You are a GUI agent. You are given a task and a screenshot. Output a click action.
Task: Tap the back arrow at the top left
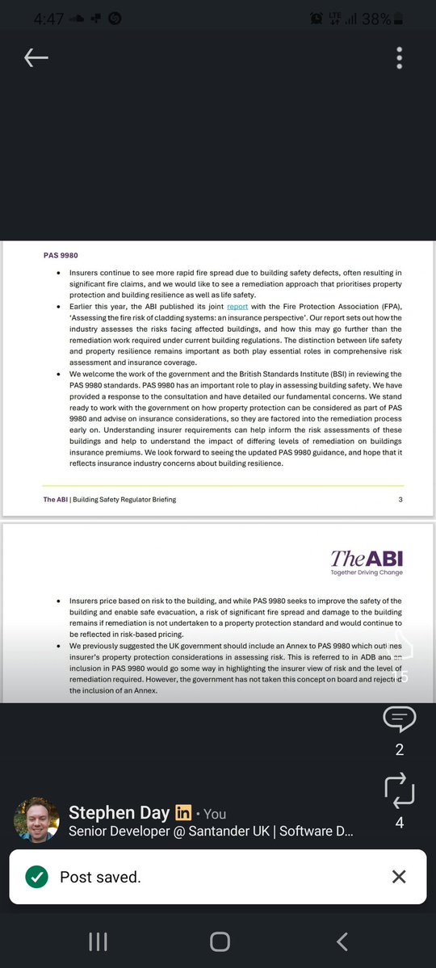pos(36,57)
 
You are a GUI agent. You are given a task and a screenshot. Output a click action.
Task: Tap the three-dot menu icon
pos(399,57)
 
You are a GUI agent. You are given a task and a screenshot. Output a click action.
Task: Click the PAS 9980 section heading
pos(61,255)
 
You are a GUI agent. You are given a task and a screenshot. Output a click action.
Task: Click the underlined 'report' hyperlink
pos(237,307)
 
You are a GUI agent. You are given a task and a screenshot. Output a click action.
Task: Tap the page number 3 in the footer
pos(400,500)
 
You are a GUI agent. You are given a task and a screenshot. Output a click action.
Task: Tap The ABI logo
pos(367,559)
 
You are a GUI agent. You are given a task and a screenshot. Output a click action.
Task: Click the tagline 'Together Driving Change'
pos(367,572)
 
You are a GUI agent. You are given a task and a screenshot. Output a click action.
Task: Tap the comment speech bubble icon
pos(400,718)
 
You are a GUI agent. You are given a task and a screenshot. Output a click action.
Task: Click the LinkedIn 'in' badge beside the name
pos(183,813)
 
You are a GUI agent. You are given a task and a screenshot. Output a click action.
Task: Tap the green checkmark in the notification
pos(36,877)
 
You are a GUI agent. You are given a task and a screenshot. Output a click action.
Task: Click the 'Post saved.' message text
pos(100,877)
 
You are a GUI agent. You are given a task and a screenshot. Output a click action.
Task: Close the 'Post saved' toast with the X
pos(399,877)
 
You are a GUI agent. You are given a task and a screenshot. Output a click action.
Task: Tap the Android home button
pos(220,941)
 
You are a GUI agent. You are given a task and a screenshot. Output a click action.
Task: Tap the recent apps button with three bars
pos(98,941)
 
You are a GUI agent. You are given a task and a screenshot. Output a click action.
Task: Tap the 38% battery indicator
pos(376,18)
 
